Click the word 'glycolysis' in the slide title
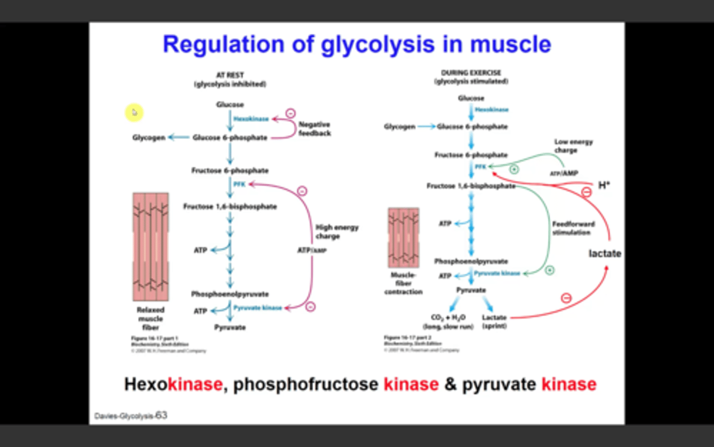pos(377,45)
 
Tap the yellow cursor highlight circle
pos(134,113)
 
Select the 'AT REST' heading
pos(230,75)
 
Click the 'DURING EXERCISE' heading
pos(471,72)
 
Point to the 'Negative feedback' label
pos(314,128)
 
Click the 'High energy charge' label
pos(337,232)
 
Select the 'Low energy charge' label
pos(573,146)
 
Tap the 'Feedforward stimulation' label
pos(573,228)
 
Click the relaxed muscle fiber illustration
pos(151,247)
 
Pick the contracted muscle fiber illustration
pos(403,238)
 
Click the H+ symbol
pos(603,185)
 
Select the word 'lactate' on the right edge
pos(604,254)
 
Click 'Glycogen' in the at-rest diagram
pos(148,137)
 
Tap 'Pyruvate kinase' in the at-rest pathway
pos(257,308)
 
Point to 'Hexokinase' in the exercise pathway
pos(491,110)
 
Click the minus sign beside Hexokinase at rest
pos(291,113)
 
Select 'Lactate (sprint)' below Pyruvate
pos(494,321)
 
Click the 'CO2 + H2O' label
pos(448,318)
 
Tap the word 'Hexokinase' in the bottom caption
pos(173,384)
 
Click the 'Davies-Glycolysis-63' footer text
pos(130,416)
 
